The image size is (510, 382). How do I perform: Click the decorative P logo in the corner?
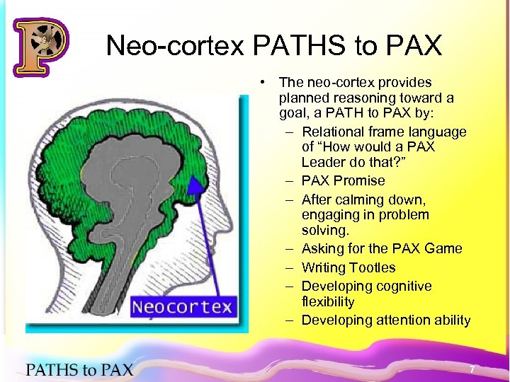[40, 47]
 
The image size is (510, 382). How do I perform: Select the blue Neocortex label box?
[182, 307]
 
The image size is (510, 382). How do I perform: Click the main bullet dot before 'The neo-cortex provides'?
[262, 83]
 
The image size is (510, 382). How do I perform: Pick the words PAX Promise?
[343, 180]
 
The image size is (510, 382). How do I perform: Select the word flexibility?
[327, 302]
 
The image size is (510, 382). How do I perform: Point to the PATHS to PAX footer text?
[79, 369]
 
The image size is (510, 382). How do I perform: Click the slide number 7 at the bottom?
[472, 369]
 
